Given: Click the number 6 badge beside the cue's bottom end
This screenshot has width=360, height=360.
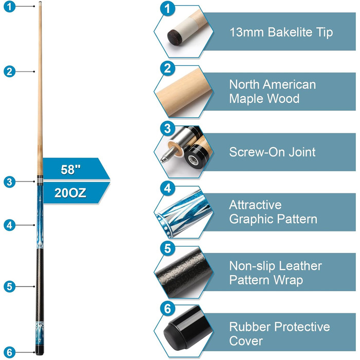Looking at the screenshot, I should coord(8,352).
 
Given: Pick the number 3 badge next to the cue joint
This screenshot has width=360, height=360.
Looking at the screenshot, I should coord(8,181).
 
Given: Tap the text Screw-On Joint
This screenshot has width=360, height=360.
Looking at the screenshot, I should coord(272,152).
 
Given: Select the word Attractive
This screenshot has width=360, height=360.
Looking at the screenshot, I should coord(255,205).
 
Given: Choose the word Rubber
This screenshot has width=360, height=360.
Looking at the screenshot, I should coord(252,327).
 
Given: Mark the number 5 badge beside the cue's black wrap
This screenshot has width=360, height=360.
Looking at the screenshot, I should coord(8,286).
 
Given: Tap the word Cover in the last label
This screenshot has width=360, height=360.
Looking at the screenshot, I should coord(246,341).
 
